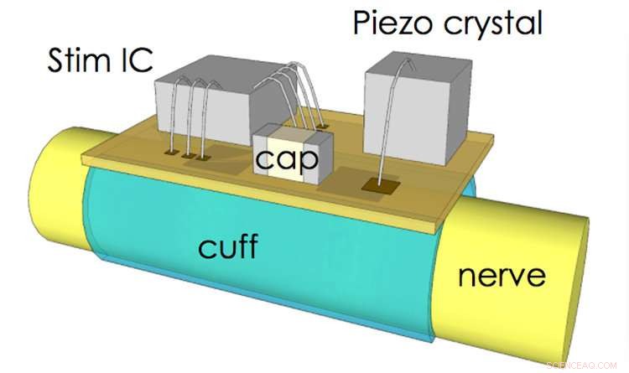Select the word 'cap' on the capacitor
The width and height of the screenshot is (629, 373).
click(288, 159)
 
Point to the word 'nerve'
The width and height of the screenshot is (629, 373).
click(502, 274)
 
